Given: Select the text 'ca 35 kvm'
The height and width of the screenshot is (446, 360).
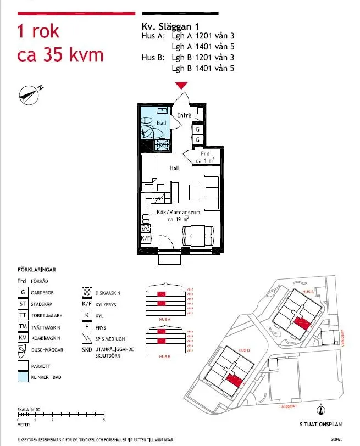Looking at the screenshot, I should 60,55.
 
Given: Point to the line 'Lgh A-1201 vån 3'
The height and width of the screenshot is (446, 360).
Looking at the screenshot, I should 203,37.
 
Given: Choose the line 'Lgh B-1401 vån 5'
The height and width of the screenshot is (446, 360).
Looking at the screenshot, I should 203,68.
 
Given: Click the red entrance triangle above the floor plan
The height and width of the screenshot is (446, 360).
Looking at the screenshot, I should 181,85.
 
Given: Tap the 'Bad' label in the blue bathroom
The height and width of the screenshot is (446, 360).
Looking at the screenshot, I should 161,123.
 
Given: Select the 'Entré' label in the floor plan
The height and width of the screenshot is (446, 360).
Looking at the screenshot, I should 184,115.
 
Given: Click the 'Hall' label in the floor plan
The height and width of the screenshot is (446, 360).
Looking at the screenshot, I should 174,168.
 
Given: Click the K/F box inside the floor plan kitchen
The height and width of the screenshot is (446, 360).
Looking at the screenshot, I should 146,239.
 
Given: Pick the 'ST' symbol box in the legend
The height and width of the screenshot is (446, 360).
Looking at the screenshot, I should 23,304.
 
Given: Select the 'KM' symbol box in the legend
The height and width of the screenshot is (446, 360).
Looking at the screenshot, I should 23,338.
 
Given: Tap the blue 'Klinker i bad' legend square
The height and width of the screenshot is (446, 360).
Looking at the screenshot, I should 23,377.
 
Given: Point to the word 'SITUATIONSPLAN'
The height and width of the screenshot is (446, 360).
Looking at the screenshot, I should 321,424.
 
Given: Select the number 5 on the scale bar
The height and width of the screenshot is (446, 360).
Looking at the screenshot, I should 104,420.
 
